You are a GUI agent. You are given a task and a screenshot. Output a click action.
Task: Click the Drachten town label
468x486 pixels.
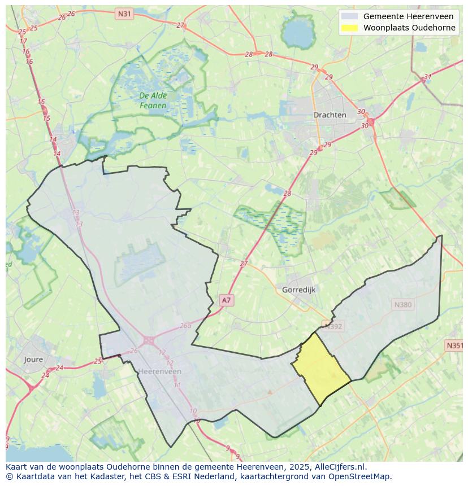pyautogui.click(x=330, y=115)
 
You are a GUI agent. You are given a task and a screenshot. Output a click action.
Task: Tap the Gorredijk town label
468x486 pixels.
pyautogui.click(x=298, y=290)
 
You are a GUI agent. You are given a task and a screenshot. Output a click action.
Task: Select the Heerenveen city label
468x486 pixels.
pyautogui.click(x=159, y=371)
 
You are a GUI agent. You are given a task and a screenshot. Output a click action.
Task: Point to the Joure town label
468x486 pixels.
pyautogui.click(x=33, y=359)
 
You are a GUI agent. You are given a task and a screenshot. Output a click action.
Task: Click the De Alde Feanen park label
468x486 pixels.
pyautogui.click(x=153, y=100)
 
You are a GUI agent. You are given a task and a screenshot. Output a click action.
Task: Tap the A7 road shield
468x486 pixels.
pyautogui.click(x=226, y=300)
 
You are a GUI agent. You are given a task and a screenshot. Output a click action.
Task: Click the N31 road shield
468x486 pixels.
pyautogui.click(x=124, y=13)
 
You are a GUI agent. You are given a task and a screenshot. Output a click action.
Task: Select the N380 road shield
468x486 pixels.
pyautogui.click(x=402, y=305)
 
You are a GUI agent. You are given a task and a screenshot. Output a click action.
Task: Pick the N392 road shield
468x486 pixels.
pyautogui.click(x=333, y=325)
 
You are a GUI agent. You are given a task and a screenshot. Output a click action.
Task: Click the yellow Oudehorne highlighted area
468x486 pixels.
pyautogui.click(x=320, y=367)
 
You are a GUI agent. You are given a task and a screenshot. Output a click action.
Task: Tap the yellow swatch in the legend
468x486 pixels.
pyautogui.click(x=350, y=28)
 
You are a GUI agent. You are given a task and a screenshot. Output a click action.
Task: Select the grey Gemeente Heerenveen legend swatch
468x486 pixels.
pyautogui.click(x=350, y=16)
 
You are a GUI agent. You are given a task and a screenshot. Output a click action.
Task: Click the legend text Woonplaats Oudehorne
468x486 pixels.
pyautogui.click(x=409, y=28)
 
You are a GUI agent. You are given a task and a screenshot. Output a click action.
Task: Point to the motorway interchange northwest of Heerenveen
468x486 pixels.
pyautogui.click(x=149, y=340)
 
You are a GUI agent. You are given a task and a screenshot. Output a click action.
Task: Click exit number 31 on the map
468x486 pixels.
pyautogui.click(x=428, y=77)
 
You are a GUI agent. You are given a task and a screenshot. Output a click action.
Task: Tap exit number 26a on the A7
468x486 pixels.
pyautogui.click(x=185, y=326)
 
